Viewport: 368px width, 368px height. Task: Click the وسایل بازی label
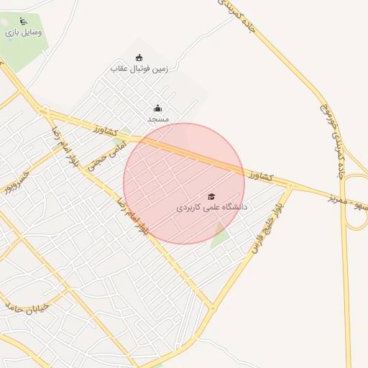23,32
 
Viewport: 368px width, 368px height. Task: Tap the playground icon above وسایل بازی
23,21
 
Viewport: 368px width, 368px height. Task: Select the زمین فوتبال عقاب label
139,68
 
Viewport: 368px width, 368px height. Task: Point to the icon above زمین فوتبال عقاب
139,57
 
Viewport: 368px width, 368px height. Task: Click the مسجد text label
157,118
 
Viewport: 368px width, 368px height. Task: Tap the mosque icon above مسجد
157,108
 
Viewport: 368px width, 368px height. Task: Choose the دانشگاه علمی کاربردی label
211,207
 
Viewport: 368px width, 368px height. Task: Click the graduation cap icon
211,196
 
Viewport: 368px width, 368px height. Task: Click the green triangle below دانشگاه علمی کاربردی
221,235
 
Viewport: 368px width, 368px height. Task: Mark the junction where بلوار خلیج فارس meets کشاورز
291,186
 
